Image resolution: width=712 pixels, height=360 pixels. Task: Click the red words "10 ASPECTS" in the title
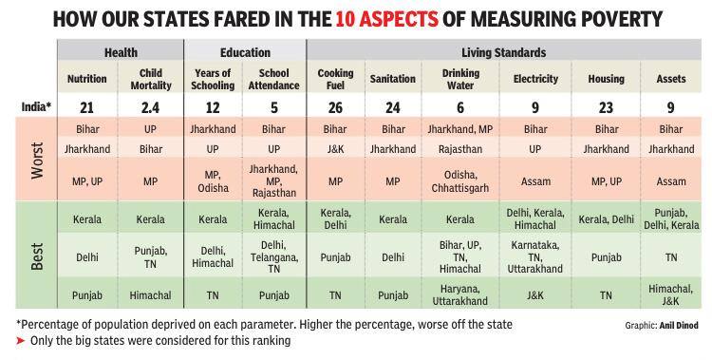(387, 20)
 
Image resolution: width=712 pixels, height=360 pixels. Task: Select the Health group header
(121, 53)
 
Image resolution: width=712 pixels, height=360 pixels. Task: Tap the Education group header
(245, 53)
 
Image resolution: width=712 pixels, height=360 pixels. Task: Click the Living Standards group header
(503, 53)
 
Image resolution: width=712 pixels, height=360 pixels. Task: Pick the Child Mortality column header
(151, 79)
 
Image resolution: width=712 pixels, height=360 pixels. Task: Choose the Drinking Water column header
(460, 79)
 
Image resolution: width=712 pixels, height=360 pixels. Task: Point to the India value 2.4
(150, 107)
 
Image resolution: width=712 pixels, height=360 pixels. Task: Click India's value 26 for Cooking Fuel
(335, 107)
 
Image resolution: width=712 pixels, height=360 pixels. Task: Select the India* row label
(37, 107)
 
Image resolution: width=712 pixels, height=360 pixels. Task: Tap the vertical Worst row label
(37, 161)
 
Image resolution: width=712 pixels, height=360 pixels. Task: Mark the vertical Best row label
(37, 257)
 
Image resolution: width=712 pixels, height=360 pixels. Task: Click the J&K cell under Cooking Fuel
(335, 149)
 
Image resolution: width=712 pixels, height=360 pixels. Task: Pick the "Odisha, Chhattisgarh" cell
(460, 181)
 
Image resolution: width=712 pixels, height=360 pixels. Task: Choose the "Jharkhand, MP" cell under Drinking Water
(460, 129)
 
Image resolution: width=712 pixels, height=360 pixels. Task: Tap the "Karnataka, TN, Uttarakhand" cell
(535, 257)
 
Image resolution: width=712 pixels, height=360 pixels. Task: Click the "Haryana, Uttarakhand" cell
(460, 295)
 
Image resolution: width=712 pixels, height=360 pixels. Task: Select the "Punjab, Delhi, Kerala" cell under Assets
(671, 219)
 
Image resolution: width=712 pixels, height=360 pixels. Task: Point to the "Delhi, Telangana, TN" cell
(273, 257)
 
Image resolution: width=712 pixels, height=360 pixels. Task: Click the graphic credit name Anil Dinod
(679, 326)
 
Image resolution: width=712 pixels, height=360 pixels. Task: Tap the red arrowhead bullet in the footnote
(21, 340)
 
